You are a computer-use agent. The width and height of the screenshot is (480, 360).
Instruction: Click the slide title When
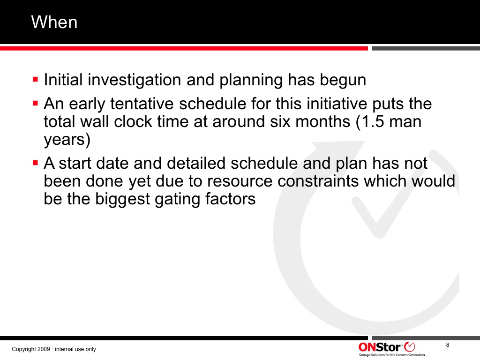coord(54,22)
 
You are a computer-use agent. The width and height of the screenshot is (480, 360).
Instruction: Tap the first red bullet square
coord(35,80)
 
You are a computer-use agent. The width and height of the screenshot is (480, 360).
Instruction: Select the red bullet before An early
coord(35,104)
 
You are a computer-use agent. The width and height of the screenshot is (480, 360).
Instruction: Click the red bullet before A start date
coord(35,163)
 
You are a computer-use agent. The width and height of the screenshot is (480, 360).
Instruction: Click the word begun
coord(343,80)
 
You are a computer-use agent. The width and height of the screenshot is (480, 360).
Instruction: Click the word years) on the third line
coord(67,140)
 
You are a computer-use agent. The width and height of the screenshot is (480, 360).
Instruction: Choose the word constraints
coord(318,181)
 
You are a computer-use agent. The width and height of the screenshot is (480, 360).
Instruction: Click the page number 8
coord(448,345)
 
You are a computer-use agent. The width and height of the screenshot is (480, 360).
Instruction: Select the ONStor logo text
coord(380,347)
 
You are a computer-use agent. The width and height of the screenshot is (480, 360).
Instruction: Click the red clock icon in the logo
coord(410,347)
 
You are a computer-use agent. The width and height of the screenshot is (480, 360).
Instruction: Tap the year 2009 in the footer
coord(44,349)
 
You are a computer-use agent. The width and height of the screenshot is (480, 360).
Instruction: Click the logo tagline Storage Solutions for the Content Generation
coord(392,355)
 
